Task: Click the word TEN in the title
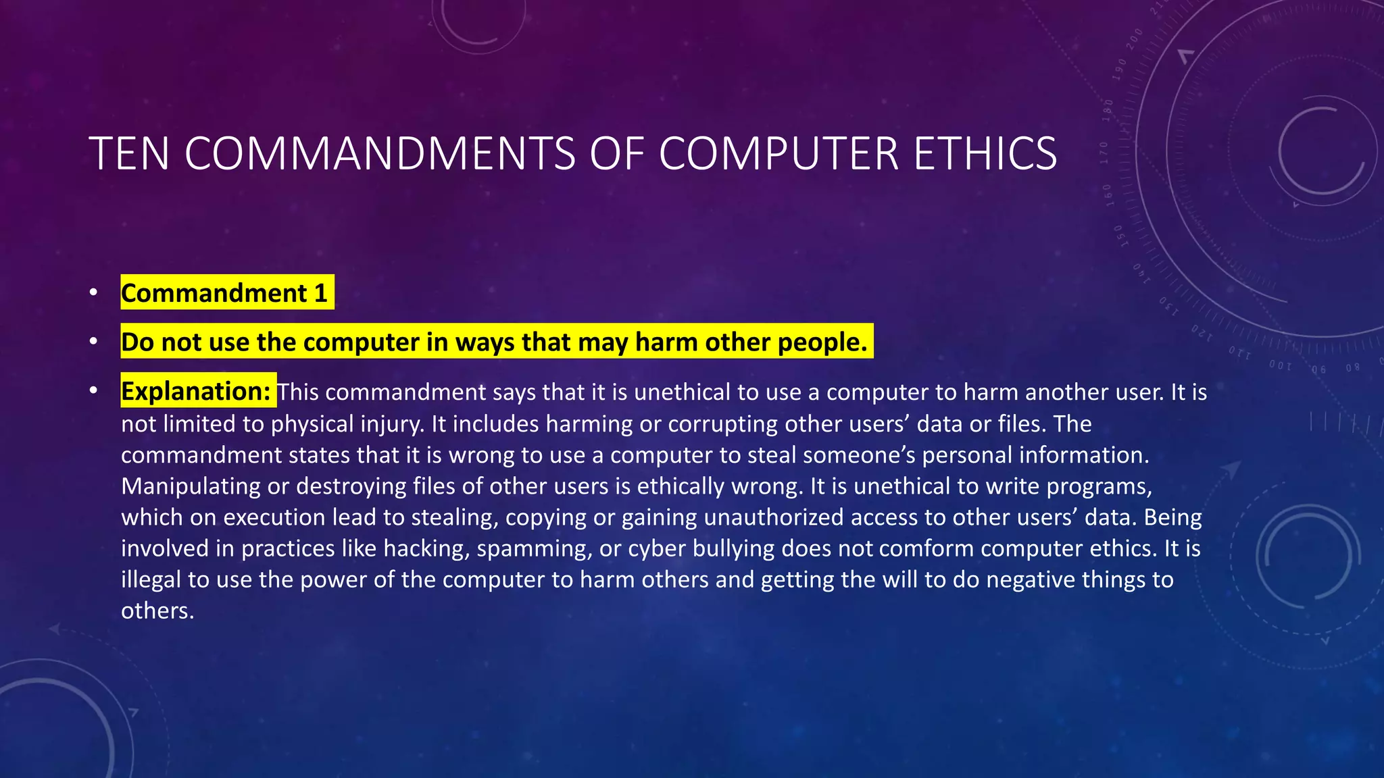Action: pos(128,153)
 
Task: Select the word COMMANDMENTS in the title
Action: pos(379,153)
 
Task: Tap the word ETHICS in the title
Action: pos(985,153)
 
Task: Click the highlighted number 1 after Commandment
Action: pos(321,293)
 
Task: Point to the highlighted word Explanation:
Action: pos(196,391)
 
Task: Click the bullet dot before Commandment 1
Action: pos(93,293)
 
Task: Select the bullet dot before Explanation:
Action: pos(93,390)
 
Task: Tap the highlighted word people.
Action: pos(822,342)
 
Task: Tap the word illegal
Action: pos(151,579)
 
